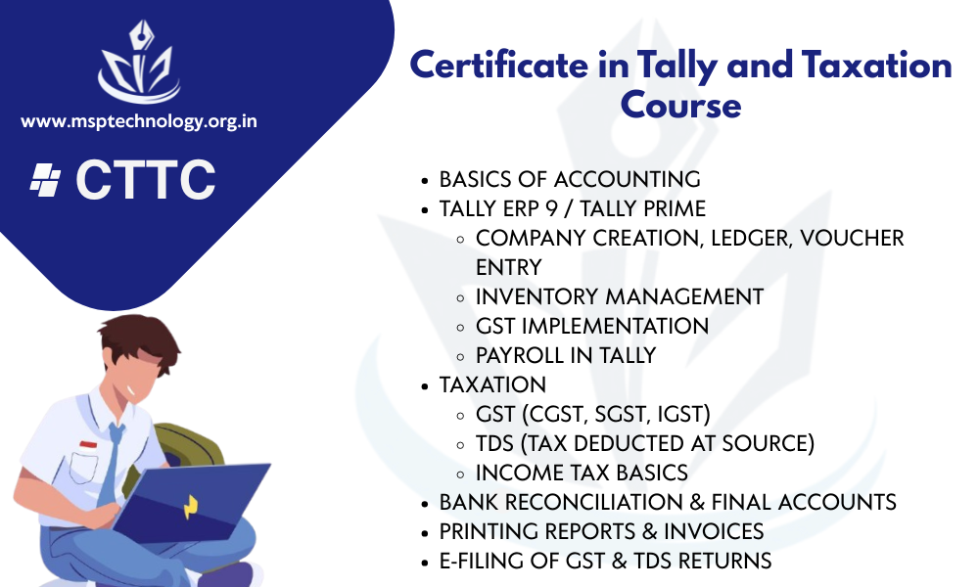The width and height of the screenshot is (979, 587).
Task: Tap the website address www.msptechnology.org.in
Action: point(139,120)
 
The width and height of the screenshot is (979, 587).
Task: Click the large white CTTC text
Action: point(146,180)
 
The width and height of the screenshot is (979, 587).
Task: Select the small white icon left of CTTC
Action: point(46,180)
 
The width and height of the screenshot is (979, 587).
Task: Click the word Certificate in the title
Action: point(499,65)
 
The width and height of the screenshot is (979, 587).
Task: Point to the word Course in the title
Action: point(680,105)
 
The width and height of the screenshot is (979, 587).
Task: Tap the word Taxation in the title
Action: point(876,65)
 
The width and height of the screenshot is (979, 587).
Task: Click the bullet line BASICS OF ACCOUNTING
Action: point(570,180)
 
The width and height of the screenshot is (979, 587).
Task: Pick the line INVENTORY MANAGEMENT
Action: point(620,297)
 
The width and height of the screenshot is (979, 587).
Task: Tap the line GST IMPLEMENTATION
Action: point(592,326)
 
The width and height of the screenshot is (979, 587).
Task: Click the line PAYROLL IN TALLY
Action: point(566,355)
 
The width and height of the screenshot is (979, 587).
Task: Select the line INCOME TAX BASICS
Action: point(582,473)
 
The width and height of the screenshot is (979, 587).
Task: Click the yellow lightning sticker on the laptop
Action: point(191,507)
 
